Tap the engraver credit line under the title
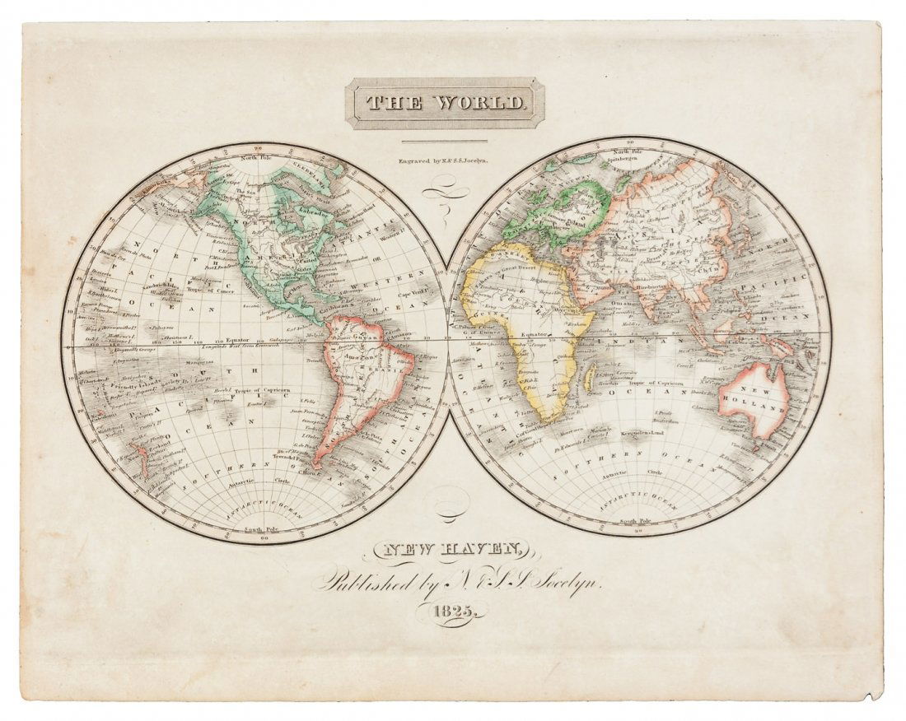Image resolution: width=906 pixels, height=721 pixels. click(x=444, y=162)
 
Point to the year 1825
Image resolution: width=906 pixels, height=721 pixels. click(x=455, y=611)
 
